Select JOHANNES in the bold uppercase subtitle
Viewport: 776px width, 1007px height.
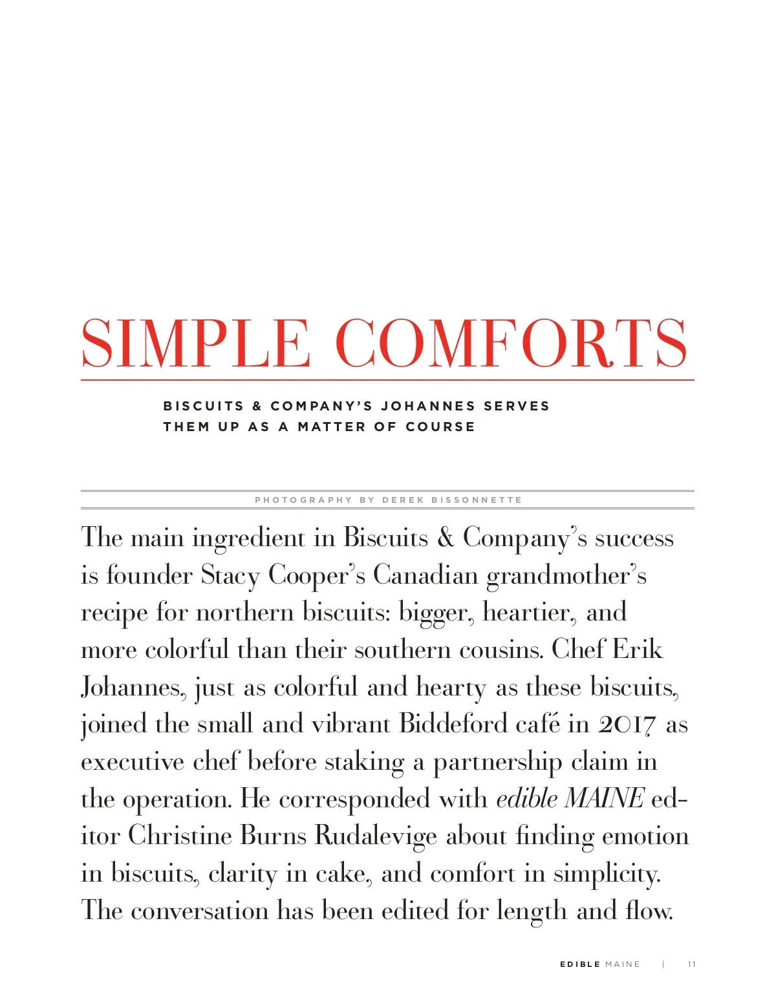click(x=428, y=407)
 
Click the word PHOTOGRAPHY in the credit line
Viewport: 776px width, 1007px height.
click(x=303, y=500)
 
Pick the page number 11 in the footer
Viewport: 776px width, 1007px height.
click(x=691, y=964)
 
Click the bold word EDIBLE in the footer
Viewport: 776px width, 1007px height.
click(x=580, y=964)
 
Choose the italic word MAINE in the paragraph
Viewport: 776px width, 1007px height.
click(x=604, y=799)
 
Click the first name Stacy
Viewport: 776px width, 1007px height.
click(x=230, y=575)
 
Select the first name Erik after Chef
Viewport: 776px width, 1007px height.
click(x=637, y=650)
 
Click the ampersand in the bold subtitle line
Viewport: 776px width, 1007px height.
click(x=257, y=407)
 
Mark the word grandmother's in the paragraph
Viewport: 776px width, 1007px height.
click(x=566, y=575)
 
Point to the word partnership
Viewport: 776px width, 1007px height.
click(x=497, y=762)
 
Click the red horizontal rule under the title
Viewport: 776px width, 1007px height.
click(x=387, y=380)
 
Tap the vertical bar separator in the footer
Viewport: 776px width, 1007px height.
click(x=663, y=964)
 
